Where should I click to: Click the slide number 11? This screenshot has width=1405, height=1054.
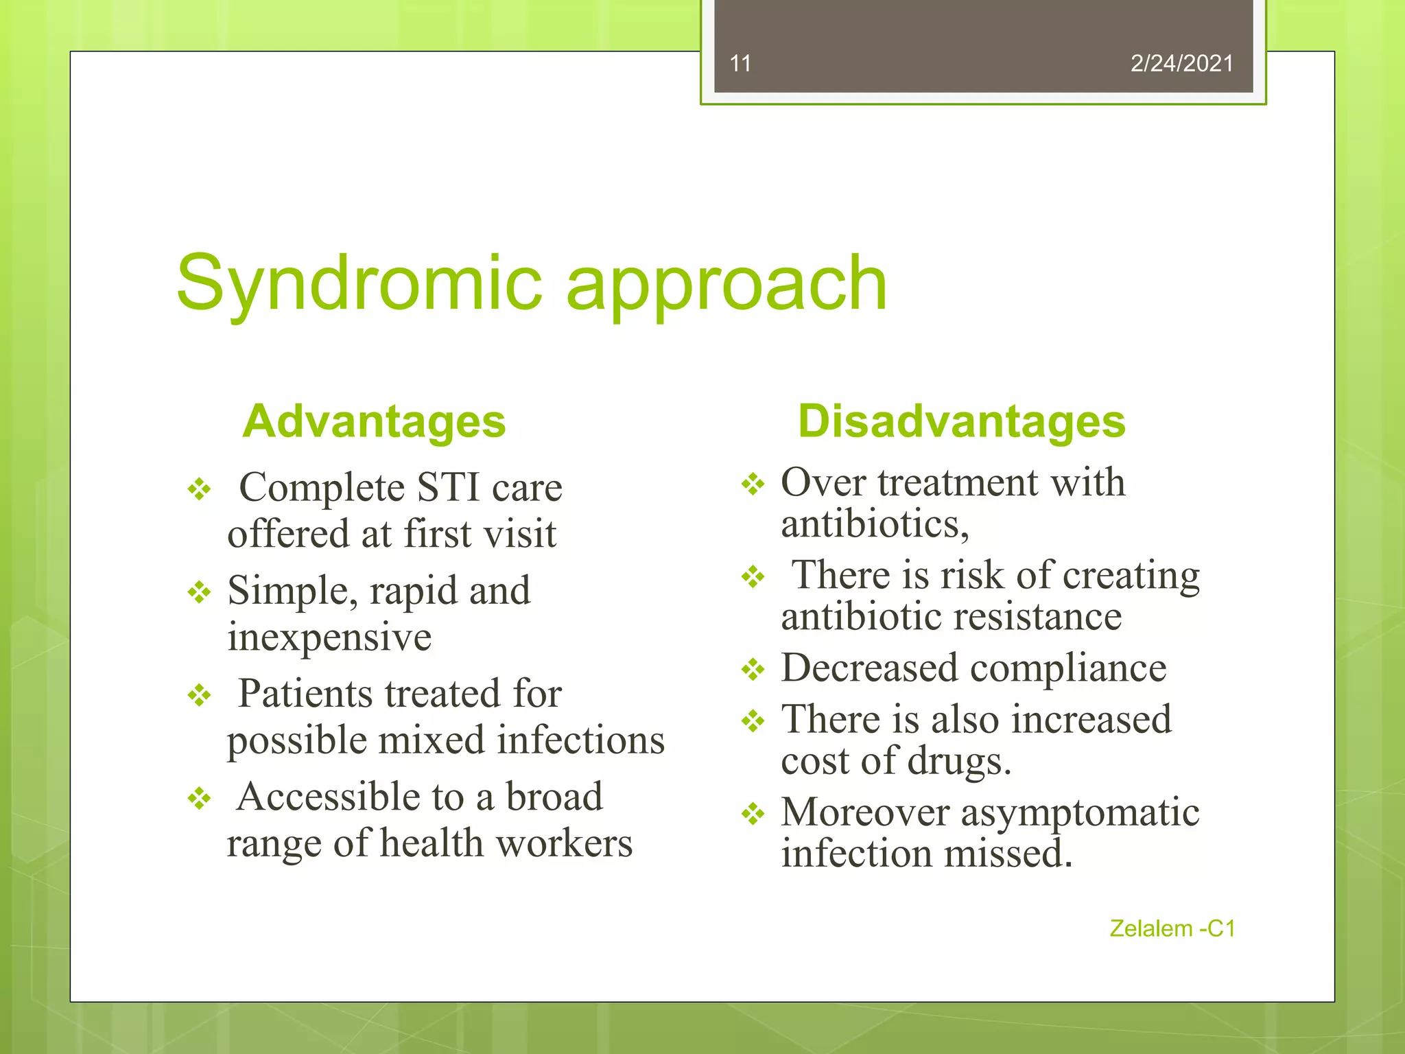point(740,64)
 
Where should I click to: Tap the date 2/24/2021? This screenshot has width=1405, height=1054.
point(1181,64)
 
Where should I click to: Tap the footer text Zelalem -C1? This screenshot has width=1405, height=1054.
point(1172,928)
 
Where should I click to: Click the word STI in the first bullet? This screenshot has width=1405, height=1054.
point(448,488)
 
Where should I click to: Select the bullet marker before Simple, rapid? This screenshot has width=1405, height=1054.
point(200,592)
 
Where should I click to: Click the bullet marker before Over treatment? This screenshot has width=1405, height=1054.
point(753,484)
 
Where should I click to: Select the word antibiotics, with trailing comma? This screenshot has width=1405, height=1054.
point(875,526)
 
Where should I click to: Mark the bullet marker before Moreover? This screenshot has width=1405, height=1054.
point(753,814)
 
